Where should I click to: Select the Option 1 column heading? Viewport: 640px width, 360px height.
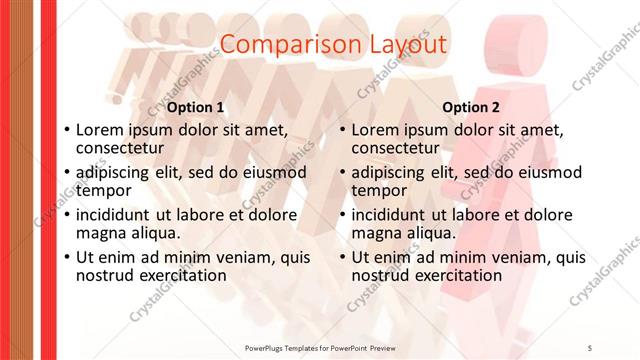point(195,107)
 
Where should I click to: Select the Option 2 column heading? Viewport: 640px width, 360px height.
point(472,107)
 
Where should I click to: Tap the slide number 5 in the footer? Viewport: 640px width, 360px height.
point(590,347)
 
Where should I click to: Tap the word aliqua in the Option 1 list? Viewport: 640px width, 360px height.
point(156,233)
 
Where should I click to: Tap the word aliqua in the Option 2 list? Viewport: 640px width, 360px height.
point(432,233)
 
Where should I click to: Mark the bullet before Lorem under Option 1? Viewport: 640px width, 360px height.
point(66,130)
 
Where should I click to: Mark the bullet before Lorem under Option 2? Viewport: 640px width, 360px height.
point(343,130)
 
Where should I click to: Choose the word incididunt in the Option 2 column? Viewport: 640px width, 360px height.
point(390,215)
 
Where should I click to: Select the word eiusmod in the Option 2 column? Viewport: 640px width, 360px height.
point(543,172)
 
